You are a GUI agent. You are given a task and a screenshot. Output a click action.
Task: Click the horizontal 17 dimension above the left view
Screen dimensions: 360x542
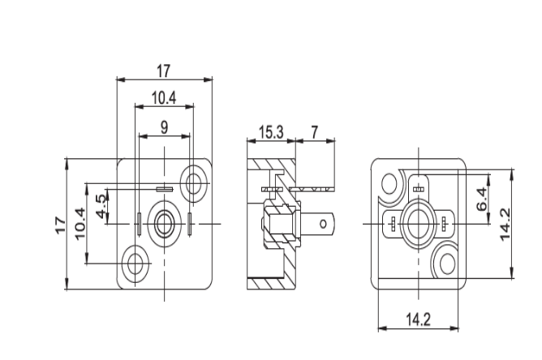(x=164, y=71)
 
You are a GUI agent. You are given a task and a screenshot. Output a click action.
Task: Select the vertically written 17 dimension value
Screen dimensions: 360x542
(x=61, y=224)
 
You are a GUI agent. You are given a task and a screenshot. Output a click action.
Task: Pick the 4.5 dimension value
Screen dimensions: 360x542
(x=101, y=206)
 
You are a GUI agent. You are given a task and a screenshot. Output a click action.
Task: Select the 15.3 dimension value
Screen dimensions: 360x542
(x=270, y=131)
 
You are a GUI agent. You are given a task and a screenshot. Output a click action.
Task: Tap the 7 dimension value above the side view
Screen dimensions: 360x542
(x=314, y=131)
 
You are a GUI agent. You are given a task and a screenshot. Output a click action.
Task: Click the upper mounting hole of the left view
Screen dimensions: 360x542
(x=194, y=182)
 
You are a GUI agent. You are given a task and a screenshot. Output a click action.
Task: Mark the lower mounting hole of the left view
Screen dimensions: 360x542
(x=135, y=264)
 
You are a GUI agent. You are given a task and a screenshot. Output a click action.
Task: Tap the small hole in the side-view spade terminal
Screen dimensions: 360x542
(x=324, y=221)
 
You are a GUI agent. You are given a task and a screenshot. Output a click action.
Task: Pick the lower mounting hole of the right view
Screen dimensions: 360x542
(x=446, y=263)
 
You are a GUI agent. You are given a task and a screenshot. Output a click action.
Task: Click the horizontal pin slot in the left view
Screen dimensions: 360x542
(x=165, y=188)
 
